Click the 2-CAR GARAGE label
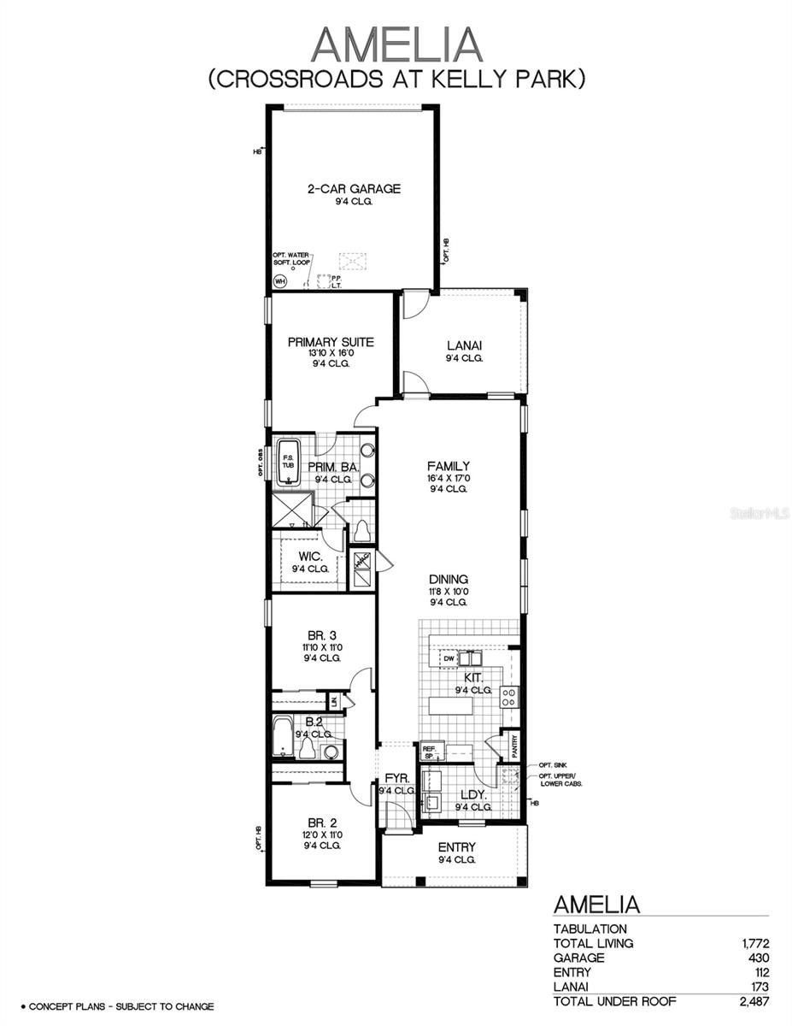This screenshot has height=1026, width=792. [354, 189]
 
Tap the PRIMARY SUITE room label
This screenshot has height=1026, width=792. [331, 342]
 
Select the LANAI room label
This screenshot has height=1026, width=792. [464, 345]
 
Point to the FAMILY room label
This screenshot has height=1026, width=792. [449, 466]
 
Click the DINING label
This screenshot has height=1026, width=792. [449, 579]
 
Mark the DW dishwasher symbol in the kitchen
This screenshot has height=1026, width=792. [448, 658]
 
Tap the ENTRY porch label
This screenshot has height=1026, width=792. [456, 847]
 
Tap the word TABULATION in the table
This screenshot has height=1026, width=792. [590, 929]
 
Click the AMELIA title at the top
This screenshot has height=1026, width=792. [396, 44]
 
